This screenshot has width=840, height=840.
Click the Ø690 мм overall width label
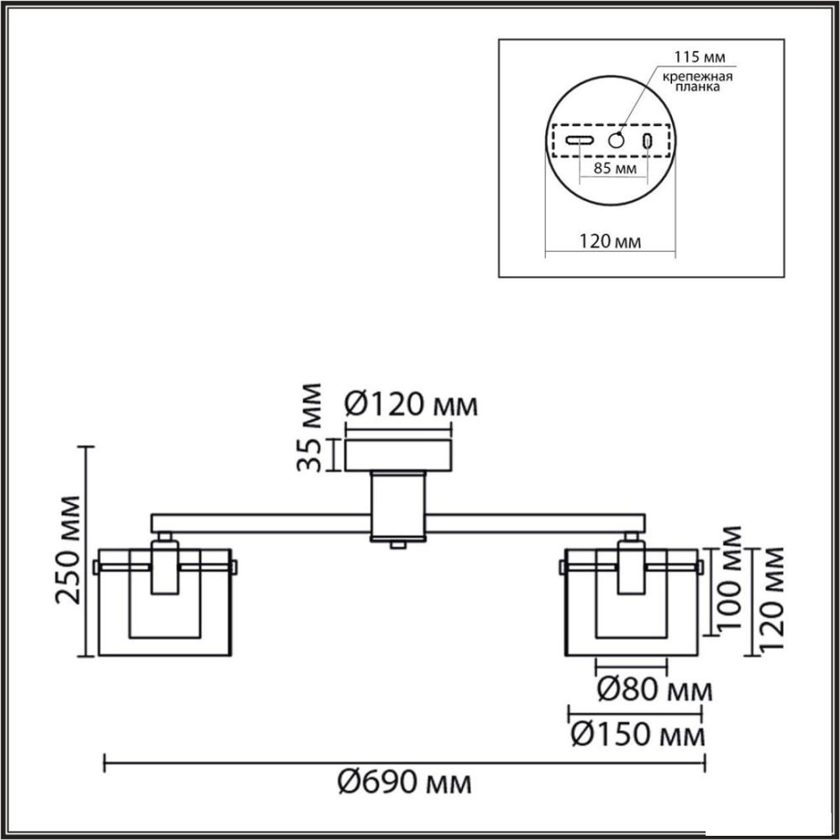[x=405, y=783]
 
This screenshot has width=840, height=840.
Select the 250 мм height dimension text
[x=69, y=550]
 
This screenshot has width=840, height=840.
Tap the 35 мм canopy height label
[x=310, y=427]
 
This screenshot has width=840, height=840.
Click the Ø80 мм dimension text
[x=654, y=689]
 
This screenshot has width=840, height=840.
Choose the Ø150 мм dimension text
[x=638, y=734]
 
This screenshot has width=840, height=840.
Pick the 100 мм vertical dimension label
[x=730, y=579]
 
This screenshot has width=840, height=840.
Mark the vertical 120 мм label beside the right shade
[x=772, y=600]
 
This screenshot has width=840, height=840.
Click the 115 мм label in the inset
[x=699, y=57]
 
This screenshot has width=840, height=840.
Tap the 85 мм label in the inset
[x=616, y=168]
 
